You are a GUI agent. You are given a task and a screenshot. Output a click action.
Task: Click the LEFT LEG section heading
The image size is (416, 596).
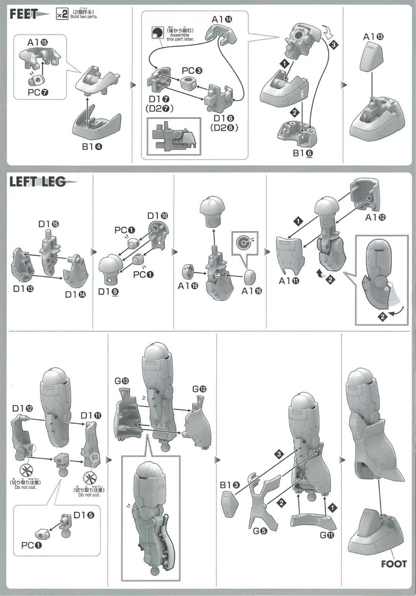(37, 182)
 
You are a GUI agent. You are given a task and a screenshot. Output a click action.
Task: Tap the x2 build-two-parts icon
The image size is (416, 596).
(62, 15)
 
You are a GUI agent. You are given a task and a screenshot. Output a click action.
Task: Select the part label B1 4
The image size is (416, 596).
(92, 147)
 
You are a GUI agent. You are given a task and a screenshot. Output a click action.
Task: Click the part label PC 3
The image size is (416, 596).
(192, 71)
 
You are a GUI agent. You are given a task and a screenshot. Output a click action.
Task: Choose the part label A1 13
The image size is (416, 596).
(373, 37)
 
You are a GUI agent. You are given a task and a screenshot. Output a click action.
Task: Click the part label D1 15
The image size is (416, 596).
(49, 224)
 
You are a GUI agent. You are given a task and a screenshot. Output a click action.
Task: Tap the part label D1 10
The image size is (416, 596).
(157, 216)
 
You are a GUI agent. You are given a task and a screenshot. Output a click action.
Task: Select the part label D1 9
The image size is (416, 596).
(108, 291)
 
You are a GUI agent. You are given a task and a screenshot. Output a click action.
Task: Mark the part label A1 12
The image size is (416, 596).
(376, 217)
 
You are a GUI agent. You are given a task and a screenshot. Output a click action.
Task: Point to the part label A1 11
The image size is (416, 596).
(289, 281)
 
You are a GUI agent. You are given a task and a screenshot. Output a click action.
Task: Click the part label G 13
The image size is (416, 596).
(121, 381)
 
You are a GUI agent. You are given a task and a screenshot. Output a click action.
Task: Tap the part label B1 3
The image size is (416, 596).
(229, 485)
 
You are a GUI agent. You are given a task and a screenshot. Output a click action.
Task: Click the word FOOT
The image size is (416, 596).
(394, 564)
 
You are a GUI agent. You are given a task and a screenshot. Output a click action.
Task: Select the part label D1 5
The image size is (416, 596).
(84, 515)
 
